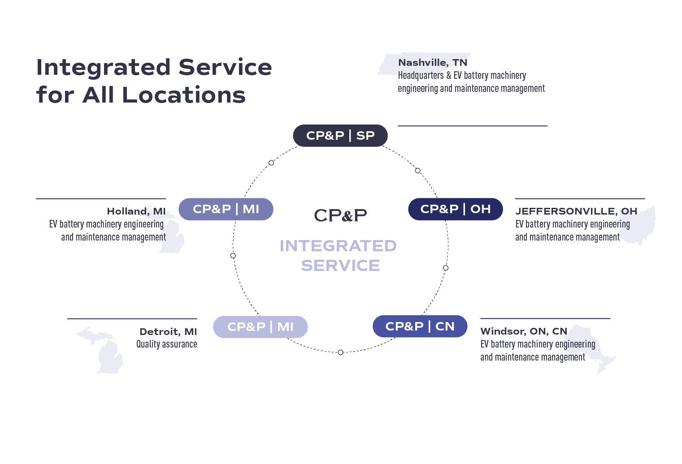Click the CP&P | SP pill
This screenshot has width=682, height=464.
[340, 136]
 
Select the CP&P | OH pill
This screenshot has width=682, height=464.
[455, 209]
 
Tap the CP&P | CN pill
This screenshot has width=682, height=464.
[420, 327]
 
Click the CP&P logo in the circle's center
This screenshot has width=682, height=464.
[340, 215]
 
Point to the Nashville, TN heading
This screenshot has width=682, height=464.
[432, 63]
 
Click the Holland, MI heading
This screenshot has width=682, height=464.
[136, 211]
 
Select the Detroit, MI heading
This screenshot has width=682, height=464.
[168, 332]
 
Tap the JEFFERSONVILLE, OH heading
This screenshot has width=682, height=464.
[576, 211]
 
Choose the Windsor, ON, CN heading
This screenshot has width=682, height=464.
[523, 331]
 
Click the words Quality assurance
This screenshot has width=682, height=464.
[166, 344]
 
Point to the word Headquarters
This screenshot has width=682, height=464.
[421, 76]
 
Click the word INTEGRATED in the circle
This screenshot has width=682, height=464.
[338, 246]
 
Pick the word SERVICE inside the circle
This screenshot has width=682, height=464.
[340, 266]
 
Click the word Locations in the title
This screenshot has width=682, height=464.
[184, 95]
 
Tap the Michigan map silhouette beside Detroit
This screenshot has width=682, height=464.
[105, 352]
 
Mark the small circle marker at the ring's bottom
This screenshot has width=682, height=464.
[340, 352]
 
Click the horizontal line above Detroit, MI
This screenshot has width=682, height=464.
[132, 319]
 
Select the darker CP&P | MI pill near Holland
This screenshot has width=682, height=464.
[226, 209]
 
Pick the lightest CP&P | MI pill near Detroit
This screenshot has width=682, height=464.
[260, 327]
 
